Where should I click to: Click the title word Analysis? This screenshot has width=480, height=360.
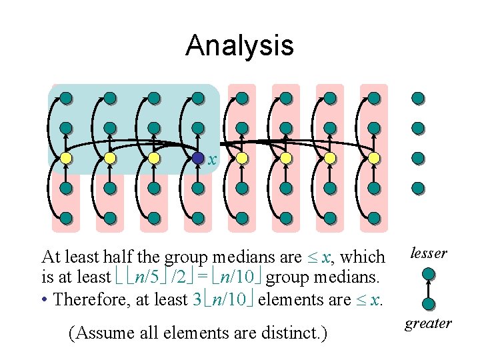click(239, 45)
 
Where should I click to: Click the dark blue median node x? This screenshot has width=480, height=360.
click(197, 159)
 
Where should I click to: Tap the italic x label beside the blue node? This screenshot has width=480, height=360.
click(212, 160)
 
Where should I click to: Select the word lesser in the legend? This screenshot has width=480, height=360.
click(428, 253)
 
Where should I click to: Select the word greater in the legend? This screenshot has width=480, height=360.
click(428, 323)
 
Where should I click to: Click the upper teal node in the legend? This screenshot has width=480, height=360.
click(429, 273)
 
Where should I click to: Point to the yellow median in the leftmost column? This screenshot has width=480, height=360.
click(66, 159)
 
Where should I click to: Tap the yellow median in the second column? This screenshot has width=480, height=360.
click(110, 159)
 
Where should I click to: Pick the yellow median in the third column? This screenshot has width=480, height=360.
click(154, 159)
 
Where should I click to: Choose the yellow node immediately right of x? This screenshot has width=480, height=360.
click(242, 159)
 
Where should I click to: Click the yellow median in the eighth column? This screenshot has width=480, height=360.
click(374, 159)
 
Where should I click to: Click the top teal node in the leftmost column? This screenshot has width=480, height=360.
click(66, 99)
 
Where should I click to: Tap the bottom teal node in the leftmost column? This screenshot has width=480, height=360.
click(66, 217)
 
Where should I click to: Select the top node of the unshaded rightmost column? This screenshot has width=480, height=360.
click(418, 99)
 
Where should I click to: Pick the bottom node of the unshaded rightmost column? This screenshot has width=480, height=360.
click(418, 188)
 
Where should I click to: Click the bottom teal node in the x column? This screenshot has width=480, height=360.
click(197, 217)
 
